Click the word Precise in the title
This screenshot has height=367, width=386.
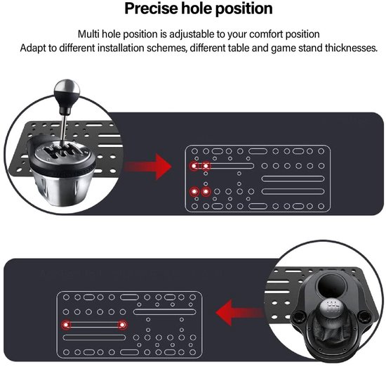coord(151,8)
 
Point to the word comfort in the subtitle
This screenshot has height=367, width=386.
coord(266,34)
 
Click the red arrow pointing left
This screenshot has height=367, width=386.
coord(239,313)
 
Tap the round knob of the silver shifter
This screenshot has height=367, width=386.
coord(67,90)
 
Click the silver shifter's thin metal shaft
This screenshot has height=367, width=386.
coord(64,128)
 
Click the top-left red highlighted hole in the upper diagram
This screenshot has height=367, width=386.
coord(194,166)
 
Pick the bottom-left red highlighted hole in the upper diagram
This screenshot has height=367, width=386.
coord(194,191)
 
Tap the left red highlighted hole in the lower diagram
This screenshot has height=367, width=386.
coord(66,325)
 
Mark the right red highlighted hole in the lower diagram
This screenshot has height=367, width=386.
coord(122,325)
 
